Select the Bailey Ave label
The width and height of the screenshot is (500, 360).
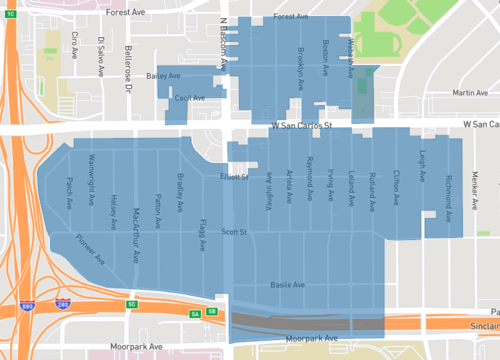click(163, 75)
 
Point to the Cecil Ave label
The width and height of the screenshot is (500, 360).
click(189, 98)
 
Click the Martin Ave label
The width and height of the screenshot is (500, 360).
click(469, 93)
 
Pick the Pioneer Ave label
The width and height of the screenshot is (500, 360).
click(91, 248)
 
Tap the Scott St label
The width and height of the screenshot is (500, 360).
click(234, 231)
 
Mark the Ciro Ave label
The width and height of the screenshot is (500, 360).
click(75, 46)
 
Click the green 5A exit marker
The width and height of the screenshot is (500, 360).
click(196, 312)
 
